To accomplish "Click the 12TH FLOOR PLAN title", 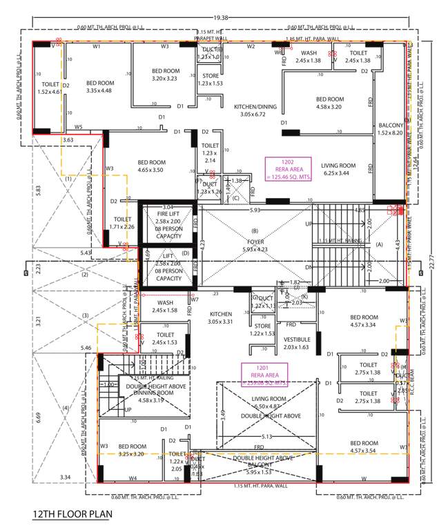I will pyautogui.click(x=72, y=515).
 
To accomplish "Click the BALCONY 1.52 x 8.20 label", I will pyautogui.click(x=391, y=130).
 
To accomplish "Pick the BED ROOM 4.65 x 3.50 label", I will pyautogui.click(x=158, y=166).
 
